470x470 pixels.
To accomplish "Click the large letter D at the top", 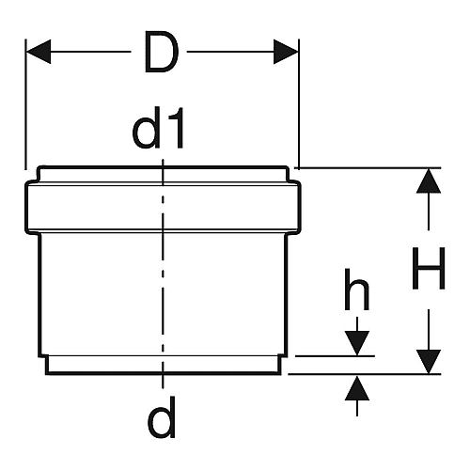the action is click(x=162, y=52).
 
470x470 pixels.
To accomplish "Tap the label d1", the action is click(x=158, y=128).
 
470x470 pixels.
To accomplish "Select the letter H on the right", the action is click(x=429, y=268).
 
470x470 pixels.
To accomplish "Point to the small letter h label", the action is click(x=357, y=290).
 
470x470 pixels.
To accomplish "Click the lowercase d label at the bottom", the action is click(x=162, y=417).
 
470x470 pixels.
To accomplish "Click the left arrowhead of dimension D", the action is click(x=39, y=52).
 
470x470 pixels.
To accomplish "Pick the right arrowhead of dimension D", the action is click(x=286, y=52).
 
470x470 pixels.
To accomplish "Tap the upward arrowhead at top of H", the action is click(x=429, y=180).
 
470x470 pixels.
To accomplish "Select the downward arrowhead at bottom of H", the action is click(x=429, y=362).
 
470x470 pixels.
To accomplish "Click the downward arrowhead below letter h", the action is click(x=357, y=343).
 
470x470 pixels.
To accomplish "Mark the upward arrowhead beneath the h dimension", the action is click(x=357, y=388).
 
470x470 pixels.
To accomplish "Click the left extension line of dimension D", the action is click(x=25, y=104).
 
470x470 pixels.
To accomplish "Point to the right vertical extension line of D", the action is click(x=299, y=104).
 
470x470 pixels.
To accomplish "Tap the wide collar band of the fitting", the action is click(x=163, y=207).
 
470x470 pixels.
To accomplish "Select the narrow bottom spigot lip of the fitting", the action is click(x=163, y=365).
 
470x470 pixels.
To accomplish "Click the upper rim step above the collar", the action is click(x=163, y=174).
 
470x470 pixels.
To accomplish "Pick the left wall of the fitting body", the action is click(x=39, y=294).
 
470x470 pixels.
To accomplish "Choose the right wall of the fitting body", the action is click(x=286, y=294).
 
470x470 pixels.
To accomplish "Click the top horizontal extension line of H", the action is click(x=368, y=168).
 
